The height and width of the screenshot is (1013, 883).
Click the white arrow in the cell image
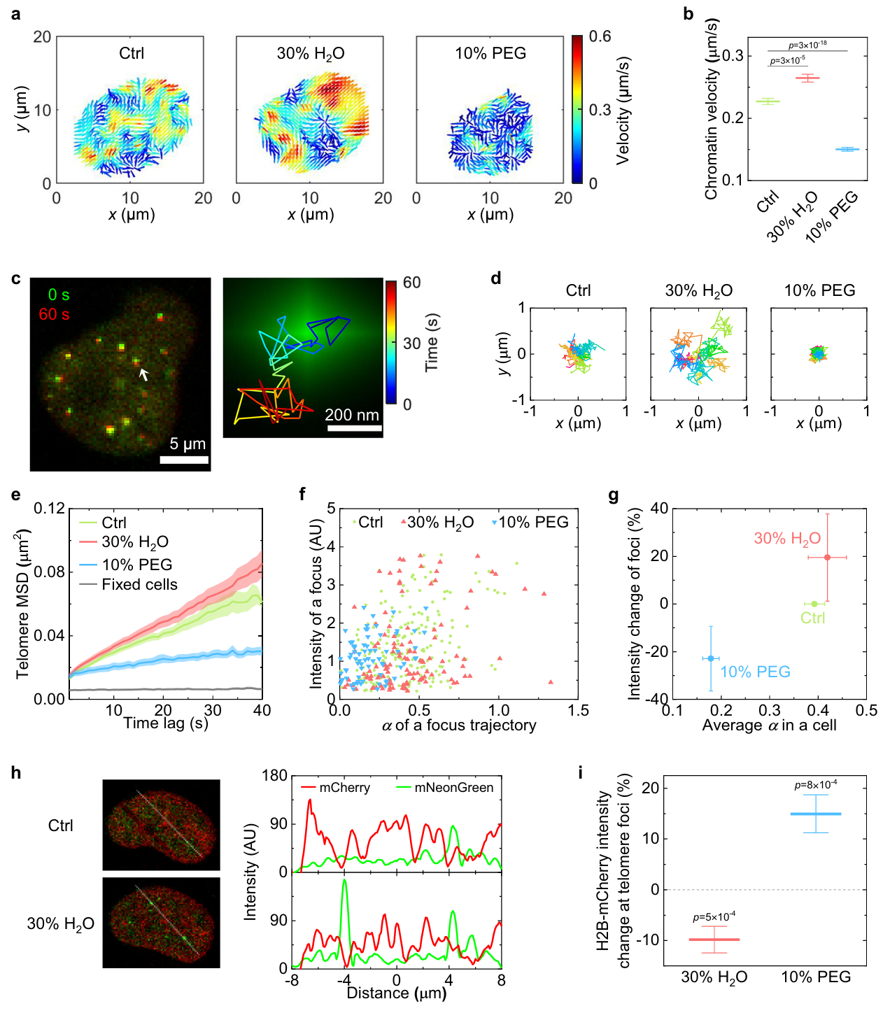click(143, 375)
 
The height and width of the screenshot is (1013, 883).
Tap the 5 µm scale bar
click(184, 460)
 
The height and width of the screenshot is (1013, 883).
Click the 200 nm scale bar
click(355, 427)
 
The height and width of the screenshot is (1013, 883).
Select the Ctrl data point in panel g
click(814, 604)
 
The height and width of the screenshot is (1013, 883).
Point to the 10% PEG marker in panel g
click(711, 658)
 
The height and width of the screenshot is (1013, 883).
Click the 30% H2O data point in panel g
click(827, 558)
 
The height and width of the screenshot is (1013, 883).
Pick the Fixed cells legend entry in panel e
click(139, 585)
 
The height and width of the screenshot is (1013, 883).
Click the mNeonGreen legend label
click(453, 788)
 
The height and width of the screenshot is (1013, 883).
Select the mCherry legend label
click(344, 788)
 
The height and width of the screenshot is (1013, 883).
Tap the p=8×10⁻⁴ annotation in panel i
click(816, 785)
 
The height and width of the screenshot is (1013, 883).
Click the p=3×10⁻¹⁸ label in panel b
click(807, 45)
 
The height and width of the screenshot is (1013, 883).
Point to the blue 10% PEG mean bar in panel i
click(816, 814)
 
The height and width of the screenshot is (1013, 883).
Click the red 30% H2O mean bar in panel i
click(714, 940)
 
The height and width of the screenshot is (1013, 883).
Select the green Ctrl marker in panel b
click(768, 101)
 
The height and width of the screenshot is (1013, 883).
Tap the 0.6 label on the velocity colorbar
click(600, 36)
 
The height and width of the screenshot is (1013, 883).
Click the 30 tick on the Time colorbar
click(411, 343)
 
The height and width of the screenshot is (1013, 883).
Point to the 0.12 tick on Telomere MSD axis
click(50, 508)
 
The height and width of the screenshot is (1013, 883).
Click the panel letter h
click(16, 773)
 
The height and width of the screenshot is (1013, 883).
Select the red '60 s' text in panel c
click(54, 314)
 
